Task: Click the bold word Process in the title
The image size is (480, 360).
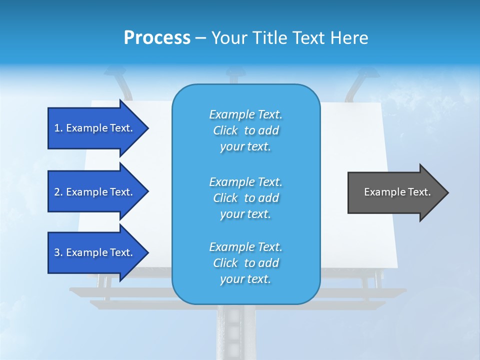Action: click(157, 38)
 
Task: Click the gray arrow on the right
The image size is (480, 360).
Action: click(395, 192)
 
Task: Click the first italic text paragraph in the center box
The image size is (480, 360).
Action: click(245, 130)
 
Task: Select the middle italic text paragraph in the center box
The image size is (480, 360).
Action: click(245, 198)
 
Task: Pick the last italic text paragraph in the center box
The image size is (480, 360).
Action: click(245, 263)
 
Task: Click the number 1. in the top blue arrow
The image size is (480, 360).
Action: click(58, 128)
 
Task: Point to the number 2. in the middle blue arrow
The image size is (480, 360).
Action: click(58, 192)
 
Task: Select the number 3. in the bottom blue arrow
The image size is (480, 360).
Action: click(58, 252)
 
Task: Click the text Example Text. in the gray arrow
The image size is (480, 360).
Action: click(397, 192)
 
